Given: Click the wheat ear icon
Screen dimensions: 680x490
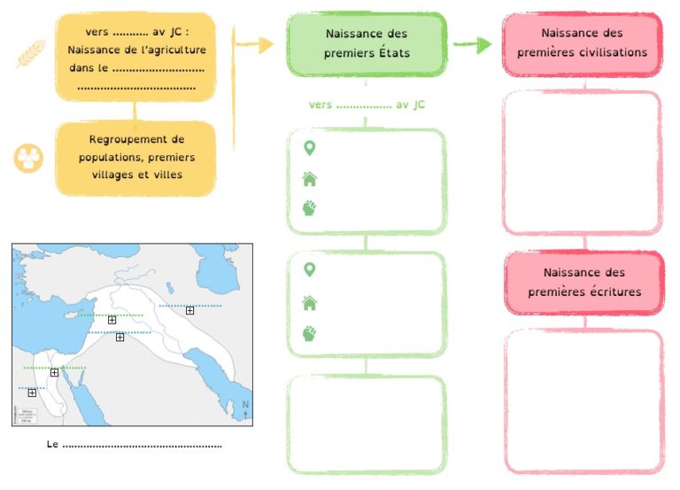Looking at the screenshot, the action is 31,53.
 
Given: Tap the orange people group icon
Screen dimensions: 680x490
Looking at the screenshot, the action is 28,158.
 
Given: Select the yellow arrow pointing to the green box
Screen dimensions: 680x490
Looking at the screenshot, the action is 254,44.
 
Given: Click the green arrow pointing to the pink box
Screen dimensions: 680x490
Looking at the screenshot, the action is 473,43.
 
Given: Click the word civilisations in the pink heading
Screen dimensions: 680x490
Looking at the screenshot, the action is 616,52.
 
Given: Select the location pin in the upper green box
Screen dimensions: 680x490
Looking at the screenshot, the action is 309,148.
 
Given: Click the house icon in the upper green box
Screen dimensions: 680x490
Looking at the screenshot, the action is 310,179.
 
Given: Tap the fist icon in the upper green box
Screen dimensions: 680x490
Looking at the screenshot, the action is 309,208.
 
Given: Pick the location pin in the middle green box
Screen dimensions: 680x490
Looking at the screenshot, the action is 309,269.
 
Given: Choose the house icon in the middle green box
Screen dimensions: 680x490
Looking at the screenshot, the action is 310,303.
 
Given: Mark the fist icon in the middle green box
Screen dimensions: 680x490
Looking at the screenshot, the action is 309,333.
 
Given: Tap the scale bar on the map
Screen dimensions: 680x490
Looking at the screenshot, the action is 27,416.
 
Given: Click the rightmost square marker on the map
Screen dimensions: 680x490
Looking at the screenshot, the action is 190,310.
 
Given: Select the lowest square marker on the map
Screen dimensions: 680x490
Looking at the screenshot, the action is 32,393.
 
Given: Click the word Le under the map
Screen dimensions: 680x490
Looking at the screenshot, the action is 52,444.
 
